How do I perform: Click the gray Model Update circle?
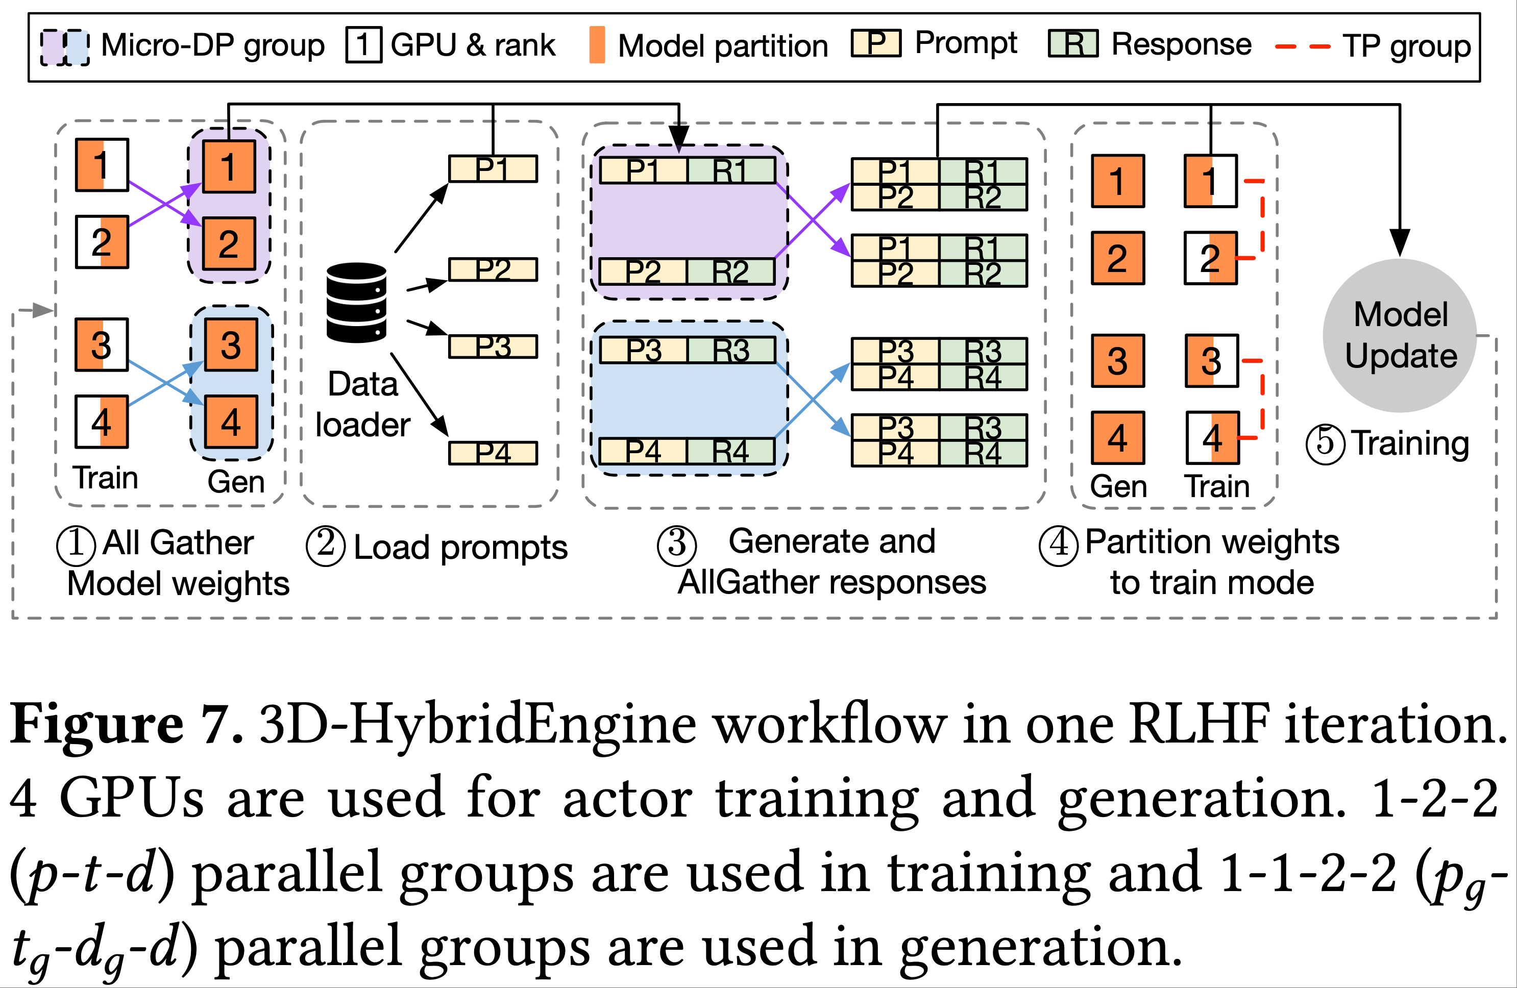1399,335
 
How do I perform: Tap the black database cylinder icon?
356,303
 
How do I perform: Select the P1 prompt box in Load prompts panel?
493,169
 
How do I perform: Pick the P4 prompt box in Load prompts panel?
493,453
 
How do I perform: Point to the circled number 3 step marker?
676,546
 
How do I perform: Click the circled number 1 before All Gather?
76,546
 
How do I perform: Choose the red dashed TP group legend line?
1302,46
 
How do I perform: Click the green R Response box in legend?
1073,43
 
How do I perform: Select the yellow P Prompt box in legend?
876,43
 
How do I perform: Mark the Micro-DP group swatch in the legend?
64,46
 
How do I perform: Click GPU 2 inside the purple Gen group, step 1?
229,243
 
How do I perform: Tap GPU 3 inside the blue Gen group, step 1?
231,345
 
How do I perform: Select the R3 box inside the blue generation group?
731,351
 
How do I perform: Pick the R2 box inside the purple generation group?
730,272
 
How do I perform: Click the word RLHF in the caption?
1199,724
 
